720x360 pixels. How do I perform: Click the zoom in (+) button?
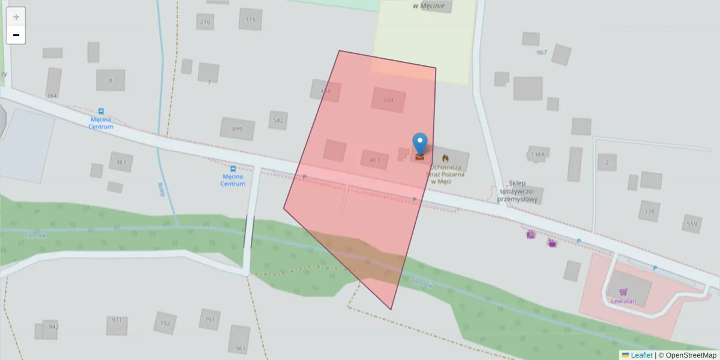tap(16, 17)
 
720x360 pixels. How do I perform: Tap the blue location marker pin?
tap(420, 145)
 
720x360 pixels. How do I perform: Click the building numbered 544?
tap(388, 100)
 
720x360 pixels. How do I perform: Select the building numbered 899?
tap(237, 128)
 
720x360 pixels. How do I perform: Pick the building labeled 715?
tap(250, 19)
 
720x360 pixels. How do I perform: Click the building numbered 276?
tap(205, 22)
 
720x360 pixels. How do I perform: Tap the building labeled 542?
tap(278, 120)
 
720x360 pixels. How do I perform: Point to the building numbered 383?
tap(121, 162)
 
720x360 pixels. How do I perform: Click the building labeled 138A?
tap(538, 154)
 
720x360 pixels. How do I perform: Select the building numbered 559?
tap(692, 224)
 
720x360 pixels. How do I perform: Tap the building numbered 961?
tap(239, 340)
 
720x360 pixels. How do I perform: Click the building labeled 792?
tap(164, 323)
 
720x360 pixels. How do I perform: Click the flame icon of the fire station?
tap(445, 157)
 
